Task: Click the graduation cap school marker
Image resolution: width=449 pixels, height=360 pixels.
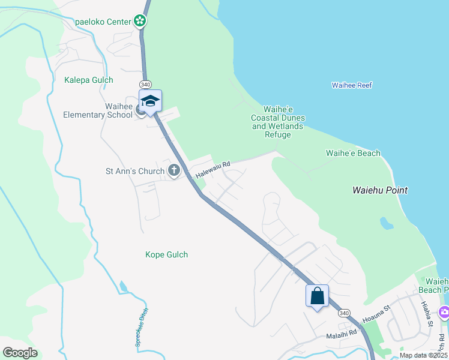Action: [150, 101]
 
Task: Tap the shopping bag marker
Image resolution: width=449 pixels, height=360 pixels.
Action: [317, 295]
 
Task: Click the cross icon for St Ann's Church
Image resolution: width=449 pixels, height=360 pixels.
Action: [174, 171]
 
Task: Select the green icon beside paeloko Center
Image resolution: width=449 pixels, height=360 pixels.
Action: [140, 22]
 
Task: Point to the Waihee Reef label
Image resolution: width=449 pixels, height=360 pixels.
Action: [352, 85]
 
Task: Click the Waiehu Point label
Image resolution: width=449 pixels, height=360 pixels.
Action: [379, 190]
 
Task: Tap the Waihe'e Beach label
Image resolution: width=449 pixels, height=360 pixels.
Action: [353, 153]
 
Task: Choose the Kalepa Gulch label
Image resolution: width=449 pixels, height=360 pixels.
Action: [88, 80]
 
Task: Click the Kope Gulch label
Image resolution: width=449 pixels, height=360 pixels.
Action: [166, 254]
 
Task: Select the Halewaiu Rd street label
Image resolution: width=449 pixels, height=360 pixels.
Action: [213, 170]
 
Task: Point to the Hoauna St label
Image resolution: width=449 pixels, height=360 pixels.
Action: [376, 313]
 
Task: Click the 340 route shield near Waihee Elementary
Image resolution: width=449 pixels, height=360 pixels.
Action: [146, 84]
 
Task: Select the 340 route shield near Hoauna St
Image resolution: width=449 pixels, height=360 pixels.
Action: [343, 313]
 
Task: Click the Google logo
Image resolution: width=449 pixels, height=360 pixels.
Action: [20, 353]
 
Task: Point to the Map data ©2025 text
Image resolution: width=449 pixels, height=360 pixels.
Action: [423, 355]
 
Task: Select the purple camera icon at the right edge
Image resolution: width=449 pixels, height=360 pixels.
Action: [444, 311]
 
